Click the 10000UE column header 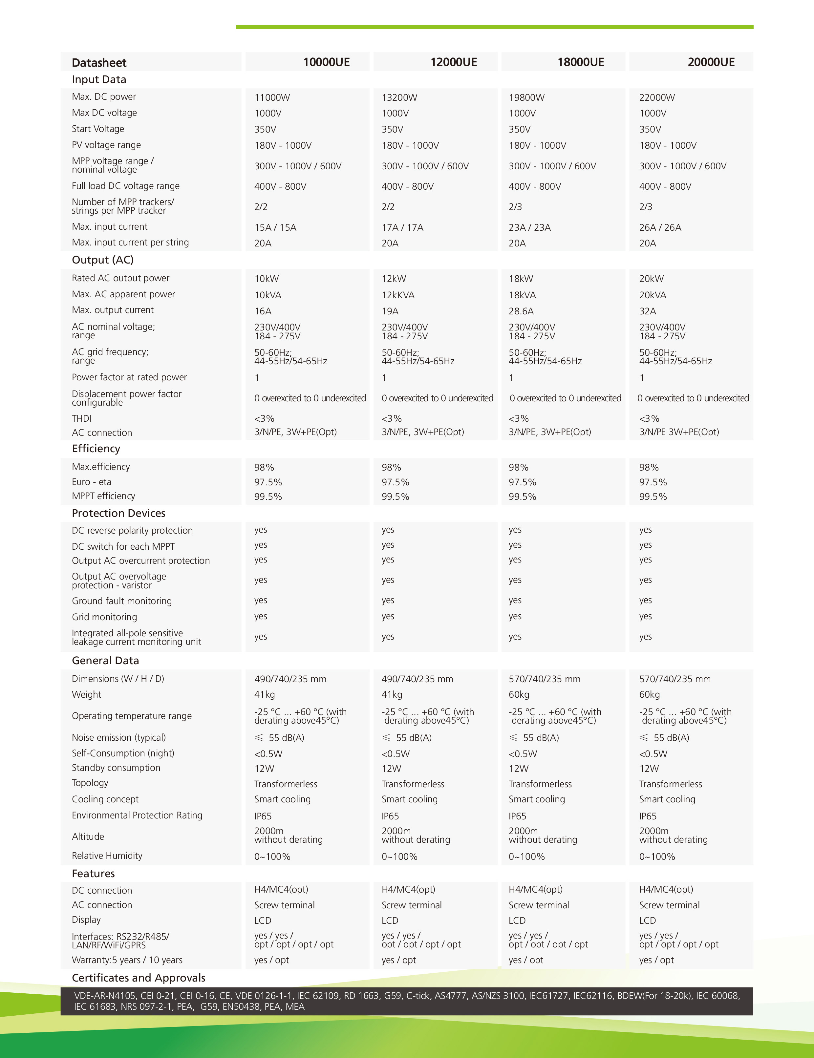(326, 62)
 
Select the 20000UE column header (711, 62)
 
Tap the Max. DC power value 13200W (399, 97)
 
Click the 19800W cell (526, 97)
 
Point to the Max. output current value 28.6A (521, 311)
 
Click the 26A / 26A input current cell (660, 227)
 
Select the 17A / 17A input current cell (402, 227)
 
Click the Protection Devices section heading (118, 513)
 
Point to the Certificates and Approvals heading (139, 978)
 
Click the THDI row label (81, 418)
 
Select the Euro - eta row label (92, 481)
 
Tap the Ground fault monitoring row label (122, 601)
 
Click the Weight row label (86, 694)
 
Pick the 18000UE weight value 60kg (519, 694)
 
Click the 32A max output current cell (647, 311)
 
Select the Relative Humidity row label (107, 856)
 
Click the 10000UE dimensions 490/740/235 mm (290, 679)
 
